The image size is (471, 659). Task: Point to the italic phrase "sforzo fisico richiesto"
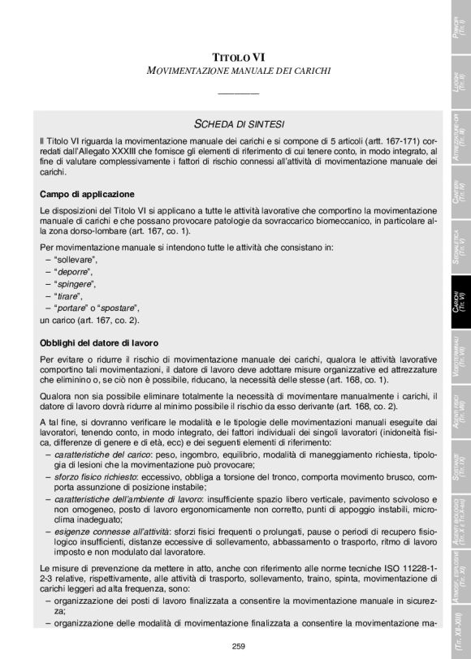coord(95,485)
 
